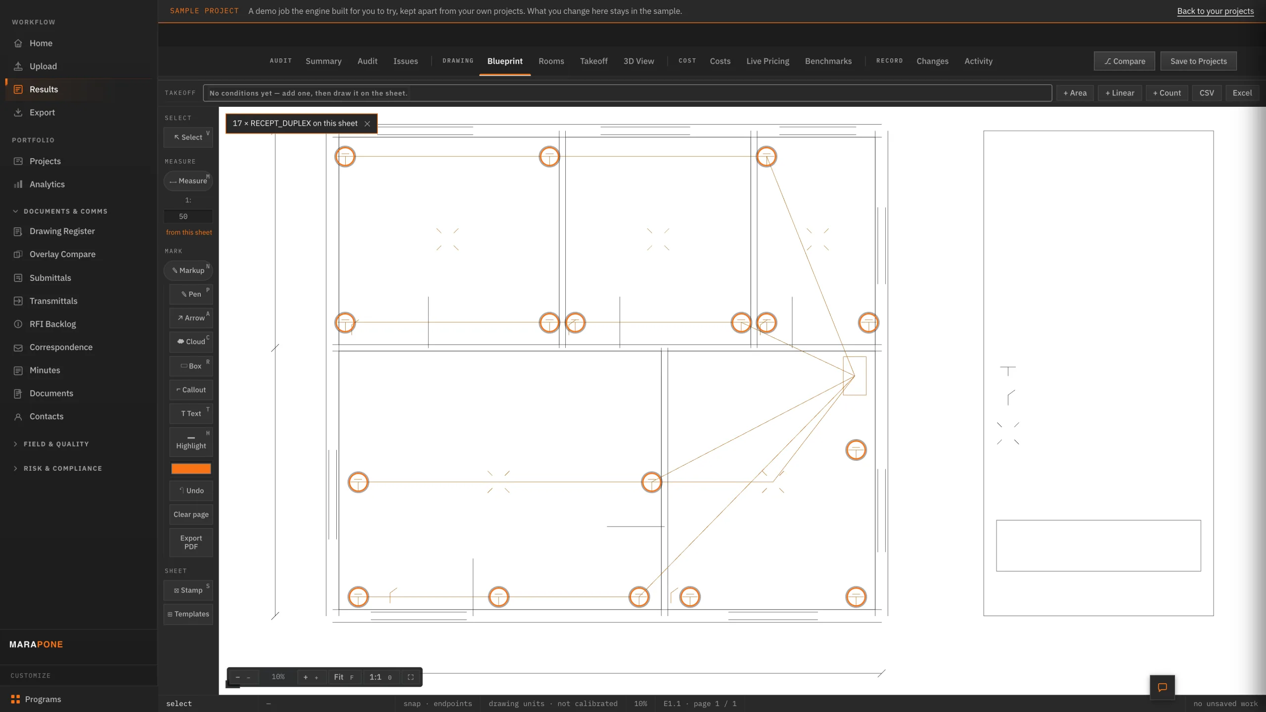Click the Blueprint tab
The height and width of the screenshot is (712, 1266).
504,61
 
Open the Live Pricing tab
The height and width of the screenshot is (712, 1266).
768,61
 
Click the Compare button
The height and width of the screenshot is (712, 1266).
1124,61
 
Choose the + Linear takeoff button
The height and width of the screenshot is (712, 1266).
1120,93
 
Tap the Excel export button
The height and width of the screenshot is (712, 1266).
1242,93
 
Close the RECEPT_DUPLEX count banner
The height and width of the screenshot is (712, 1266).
367,124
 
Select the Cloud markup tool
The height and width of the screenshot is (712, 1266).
191,342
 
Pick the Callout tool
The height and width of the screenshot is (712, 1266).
191,390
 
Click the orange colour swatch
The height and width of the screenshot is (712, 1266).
191,468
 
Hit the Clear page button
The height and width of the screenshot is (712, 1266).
191,514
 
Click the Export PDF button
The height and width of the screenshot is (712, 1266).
191,542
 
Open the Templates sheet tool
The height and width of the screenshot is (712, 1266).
188,614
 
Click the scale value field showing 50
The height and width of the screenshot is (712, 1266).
188,217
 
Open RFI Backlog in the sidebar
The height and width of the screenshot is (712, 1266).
52,324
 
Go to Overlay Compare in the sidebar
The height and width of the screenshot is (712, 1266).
62,254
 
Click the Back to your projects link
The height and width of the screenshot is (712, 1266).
1215,11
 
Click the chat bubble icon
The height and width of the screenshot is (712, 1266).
1162,687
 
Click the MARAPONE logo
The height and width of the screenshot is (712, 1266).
36,644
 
